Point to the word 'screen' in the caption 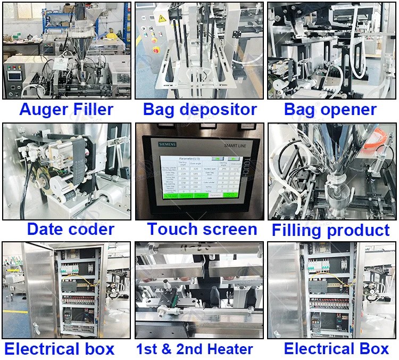[230, 230]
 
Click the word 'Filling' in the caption [297, 231]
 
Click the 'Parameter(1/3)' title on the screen [190, 158]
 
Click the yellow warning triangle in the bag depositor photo [162, 18]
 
